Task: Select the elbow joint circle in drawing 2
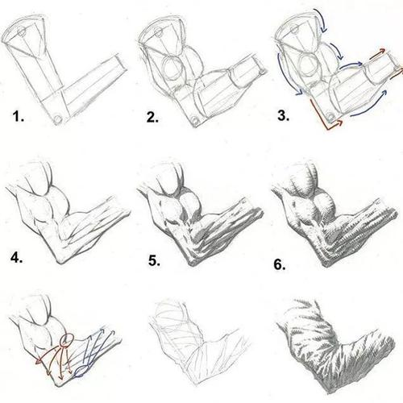[x=195, y=120]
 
